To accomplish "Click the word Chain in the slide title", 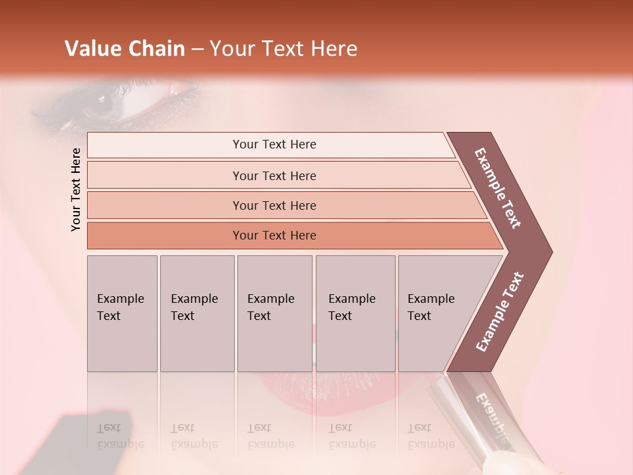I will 156,49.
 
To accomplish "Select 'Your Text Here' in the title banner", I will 284,49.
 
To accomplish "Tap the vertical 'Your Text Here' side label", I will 76,189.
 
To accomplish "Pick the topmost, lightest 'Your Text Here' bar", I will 274,144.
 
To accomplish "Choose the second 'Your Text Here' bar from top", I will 274,175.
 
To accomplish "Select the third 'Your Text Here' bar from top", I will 274,205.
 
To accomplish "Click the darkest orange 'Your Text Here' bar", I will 274,236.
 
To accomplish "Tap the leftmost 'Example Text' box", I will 122,313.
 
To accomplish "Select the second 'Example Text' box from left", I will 196,313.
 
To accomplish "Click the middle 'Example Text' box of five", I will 274,313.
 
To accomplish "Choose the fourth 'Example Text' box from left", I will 355,313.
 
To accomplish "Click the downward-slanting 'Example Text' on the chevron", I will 498,189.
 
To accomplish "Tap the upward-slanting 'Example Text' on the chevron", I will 500,311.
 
